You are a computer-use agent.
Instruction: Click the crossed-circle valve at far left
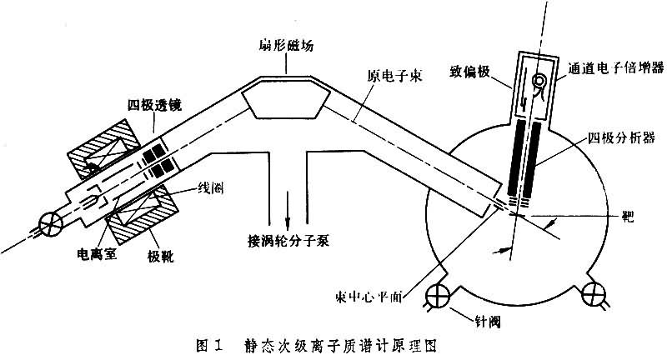43,223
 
